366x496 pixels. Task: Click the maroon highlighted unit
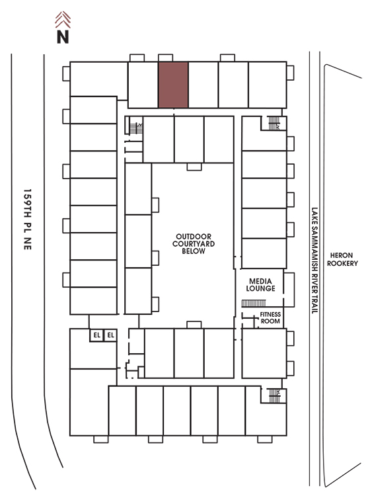(173, 85)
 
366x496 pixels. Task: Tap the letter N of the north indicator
(63, 36)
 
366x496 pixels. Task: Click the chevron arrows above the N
(63, 20)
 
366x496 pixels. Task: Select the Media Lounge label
(260, 284)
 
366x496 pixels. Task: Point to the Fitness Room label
(270, 317)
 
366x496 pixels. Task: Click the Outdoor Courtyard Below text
(194, 243)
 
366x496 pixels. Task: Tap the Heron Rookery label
(342, 259)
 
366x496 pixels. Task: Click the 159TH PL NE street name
(28, 220)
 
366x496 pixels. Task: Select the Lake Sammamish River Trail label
(314, 261)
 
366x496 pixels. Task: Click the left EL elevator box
(96, 335)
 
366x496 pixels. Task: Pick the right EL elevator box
(110, 335)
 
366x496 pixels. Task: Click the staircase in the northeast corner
(274, 123)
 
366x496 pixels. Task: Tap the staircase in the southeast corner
(274, 395)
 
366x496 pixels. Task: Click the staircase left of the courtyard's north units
(136, 128)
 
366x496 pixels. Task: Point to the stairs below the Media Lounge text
(254, 304)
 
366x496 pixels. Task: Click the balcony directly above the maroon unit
(165, 58)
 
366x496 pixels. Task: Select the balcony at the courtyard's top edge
(194, 167)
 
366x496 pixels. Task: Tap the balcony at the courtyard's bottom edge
(194, 325)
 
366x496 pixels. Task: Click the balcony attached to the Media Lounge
(289, 290)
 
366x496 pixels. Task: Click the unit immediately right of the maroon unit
(203, 85)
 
